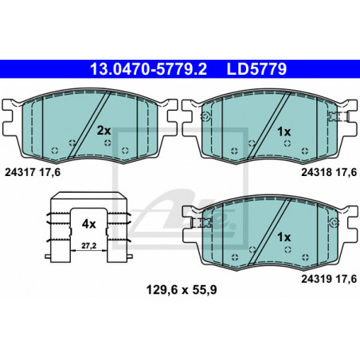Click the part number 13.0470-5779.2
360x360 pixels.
pyautogui.click(x=148, y=69)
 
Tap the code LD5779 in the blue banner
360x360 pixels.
pyautogui.click(x=256, y=69)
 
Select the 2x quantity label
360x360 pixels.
pyautogui.click(x=104, y=131)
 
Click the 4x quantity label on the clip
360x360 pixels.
pyautogui.click(x=88, y=225)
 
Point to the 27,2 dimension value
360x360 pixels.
pyautogui.click(x=88, y=246)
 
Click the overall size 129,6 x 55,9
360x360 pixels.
pyautogui.click(x=182, y=290)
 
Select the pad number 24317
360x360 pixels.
pyautogui.click(x=20, y=172)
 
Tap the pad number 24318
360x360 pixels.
pyautogui.click(x=316, y=172)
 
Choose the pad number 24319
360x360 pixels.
pyautogui.click(x=316, y=279)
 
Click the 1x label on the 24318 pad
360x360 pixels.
pyautogui.click(x=284, y=131)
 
